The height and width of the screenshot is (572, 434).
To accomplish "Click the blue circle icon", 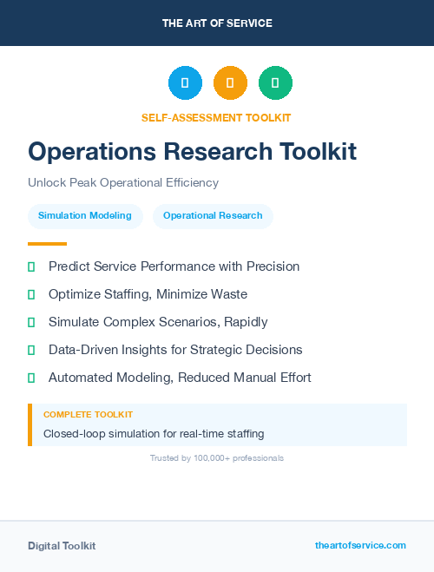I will pyautogui.click(x=185, y=83).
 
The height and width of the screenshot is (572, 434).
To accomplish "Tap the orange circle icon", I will pyautogui.click(x=230, y=83).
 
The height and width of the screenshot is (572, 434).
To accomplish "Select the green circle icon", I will pyautogui.click(x=275, y=83).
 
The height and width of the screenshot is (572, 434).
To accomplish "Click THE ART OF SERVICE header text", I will pyautogui.click(x=217, y=23).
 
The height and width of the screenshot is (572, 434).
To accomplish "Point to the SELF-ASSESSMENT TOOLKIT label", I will pyautogui.click(x=216, y=117).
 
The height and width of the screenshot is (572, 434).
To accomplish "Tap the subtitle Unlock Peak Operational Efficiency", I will pyautogui.click(x=123, y=183).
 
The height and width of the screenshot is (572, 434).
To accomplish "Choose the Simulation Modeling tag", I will pyautogui.click(x=85, y=215).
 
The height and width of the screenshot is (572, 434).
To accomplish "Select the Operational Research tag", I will pyautogui.click(x=213, y=215).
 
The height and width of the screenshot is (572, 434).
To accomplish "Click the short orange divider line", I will pyautogui.click(x=47, y=244).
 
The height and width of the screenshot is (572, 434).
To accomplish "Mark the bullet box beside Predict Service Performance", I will pyautogui.click(x=31, y=266).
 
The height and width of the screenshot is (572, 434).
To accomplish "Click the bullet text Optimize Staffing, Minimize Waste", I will pyautogui.click(x=148, y=294).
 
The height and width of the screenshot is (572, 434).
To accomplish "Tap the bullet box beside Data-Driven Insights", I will pyautogui.click(x=31, y=350).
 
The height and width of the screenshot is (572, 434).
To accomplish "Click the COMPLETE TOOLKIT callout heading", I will pyautogui.click(x=88, y=415).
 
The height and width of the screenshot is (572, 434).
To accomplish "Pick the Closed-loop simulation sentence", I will pyautogui.click(x=154, y=433).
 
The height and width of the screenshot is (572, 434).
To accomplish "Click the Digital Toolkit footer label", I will pyautogui.click(x=62, y=546).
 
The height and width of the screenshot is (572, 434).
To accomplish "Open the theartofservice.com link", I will pyautogui.click(x=360, y=545).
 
